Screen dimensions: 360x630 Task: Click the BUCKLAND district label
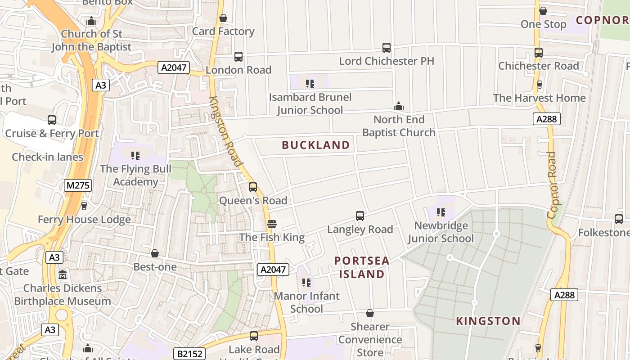[315, 145]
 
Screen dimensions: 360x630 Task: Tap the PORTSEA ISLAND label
[362, 267]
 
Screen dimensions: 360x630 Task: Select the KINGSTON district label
[488, 321]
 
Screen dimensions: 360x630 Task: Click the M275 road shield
[78, 185]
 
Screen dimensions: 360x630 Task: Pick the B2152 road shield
[190, 354]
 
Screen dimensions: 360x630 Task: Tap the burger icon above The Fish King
[271, 224]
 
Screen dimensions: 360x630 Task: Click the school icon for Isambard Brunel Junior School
[310, 83]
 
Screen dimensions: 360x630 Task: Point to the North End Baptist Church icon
[398, 107]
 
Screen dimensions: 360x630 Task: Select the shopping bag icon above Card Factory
[223, 18]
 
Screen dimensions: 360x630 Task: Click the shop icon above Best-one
[155, 253]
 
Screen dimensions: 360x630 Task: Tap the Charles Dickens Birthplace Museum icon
[63, 274]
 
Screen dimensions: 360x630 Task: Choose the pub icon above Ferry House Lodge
[84, 206]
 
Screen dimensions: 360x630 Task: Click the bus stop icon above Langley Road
[360, 216]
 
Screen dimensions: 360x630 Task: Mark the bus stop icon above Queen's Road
[253, 187]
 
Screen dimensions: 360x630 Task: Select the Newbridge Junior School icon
[441, 212]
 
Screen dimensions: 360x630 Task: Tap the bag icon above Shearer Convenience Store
[370, 313]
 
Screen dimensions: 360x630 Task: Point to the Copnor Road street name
[552, 185]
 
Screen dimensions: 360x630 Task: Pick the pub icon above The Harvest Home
[540, 84]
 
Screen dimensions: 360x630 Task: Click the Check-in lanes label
[48, 157]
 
